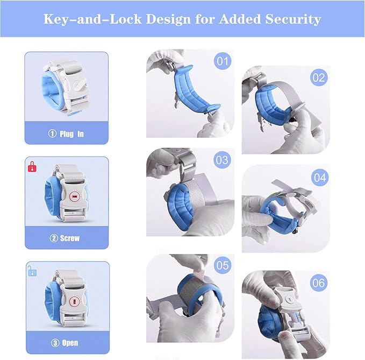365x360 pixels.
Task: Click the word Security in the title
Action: tap(294, 19)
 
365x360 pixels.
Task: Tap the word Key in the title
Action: tap(54, 19)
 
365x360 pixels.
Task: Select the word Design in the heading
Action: tap(168, 19)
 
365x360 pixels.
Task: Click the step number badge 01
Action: tap(223, 61)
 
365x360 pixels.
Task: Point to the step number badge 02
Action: tap(319, 77)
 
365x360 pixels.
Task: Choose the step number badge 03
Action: tap(223, 160)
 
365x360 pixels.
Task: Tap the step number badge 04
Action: tap(320, 178)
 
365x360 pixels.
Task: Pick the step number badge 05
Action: tap(223, 265)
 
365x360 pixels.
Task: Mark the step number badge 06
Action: tap(319, 283)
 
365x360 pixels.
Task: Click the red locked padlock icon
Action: tap(32, 166)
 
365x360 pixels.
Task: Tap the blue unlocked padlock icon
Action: tap(32, 271)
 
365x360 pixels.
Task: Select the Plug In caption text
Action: tap(71, 134)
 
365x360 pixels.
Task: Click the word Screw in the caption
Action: tap(70, 238)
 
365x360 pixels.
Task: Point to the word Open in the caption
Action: tap(70, 343)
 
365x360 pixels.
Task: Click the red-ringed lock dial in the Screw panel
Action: tap(75, 197)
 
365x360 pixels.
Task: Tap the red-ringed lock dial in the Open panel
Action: tap(75, 302)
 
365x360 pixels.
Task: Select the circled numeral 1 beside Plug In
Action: tap(52, 134)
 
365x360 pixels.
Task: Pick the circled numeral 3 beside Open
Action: tap(55, 343)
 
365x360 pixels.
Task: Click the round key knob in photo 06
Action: tap(290, 299)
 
